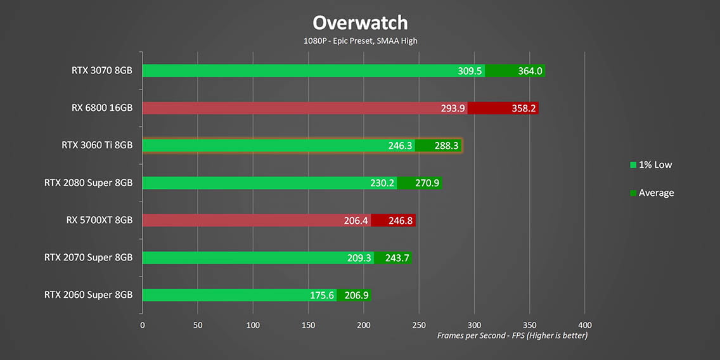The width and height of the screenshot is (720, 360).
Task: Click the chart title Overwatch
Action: click(360, 23)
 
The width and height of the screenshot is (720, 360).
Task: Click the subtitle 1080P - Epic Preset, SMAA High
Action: click(360, 41)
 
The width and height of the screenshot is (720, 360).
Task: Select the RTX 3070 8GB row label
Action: click(101, 70)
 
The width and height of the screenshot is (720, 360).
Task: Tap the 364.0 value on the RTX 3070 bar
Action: click(530, 71)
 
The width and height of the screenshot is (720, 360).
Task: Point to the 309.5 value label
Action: click(470, 71)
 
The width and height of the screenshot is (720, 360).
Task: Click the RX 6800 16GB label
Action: click(101, 108)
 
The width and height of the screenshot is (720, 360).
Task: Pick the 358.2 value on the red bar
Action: click(524, 108)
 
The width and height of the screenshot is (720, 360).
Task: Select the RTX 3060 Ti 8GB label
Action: click(97, 145)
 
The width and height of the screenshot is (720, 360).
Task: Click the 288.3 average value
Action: click(447, 146)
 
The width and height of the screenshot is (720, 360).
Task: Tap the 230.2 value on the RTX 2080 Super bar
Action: click(383, 183)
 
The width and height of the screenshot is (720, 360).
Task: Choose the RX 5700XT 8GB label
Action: click(99, 220)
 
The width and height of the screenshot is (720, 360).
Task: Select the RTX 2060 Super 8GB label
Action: click(88, 295)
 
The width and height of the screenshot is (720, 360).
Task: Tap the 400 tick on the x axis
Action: click(585, 325)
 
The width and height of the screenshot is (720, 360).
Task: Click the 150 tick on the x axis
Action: click(309, 325)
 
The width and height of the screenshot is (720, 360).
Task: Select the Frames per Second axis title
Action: click(512, 335)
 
